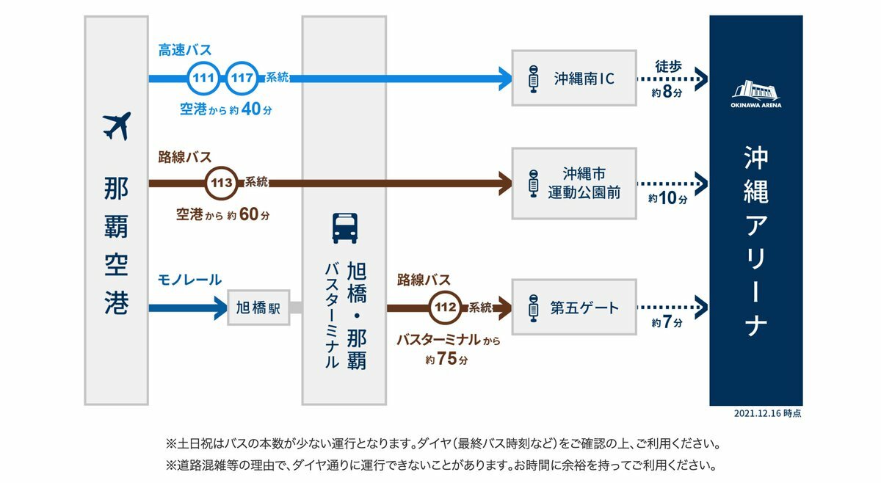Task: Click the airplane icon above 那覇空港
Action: pyautogui.click(x=116, y=126)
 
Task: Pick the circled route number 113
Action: pyautogui.click(x=220, y=183)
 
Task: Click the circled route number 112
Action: pyautogui.click(x=446, y=308)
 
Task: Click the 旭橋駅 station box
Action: pyautogui.click(x=258, y=308)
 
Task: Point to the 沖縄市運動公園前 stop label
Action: pyautogui.click(x=584, y=183)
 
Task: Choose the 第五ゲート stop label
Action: pyautogui.click(x=584, y=308)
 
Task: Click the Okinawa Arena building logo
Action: pyautogui.click(x=755, y=91)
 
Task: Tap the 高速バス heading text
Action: pyautogui.click(x=185, y=51)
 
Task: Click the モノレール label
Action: pyautogui.click(x=189, y=280)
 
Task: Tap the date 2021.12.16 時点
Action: pyautogui.click(x=767, y=414)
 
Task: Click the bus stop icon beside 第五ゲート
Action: pyautogui.click(x=533, y=308)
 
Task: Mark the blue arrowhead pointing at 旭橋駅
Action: pyautogui.click(x=220, y=308)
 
